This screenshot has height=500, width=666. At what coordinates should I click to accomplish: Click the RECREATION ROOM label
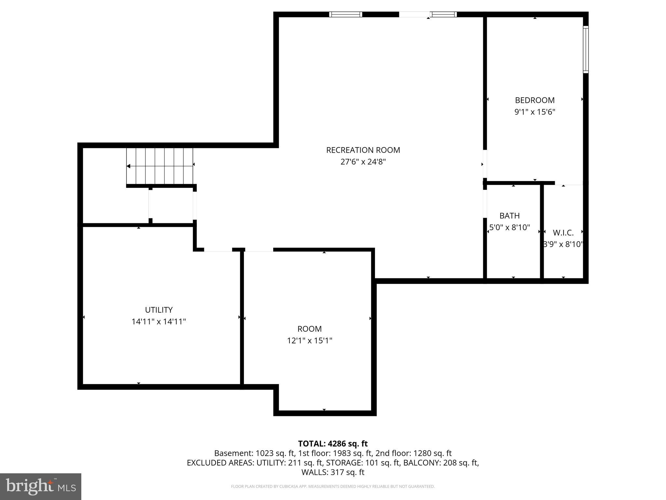pyautogui.click(x=363, y=150)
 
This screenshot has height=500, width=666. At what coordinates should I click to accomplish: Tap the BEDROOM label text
pyautogui.click(x=535, y=100)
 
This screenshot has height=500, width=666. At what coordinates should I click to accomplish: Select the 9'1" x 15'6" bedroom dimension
pyautogui.click(x=535, y=112)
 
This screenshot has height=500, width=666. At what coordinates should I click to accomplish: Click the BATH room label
pyautogui.click(x=509, y=216)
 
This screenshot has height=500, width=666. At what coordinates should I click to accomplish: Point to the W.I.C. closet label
pyautogui.click(x=563, y=233)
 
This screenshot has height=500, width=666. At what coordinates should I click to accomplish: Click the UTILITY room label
pyautogui.click(x=159, y=310)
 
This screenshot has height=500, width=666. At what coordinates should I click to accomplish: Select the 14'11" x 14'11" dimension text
pyautogui.click(x=159, y=322)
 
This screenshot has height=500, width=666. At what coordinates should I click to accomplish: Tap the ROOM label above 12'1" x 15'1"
pyautogui.click(x=309, y=329)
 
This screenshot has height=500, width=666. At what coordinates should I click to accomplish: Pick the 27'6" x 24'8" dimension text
pyautogui.click(x=363, y=162)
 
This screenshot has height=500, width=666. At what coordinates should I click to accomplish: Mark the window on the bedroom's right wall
pyautogui.click(x=585, y=49)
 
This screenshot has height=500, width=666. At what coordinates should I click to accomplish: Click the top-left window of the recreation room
pyautogui.click(x=345, y=14)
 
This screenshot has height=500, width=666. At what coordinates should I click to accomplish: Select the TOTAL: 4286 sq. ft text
pyautogui.click(x=333, y=444)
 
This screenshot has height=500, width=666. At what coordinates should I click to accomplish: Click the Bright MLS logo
pyautogui.click(x=41, y=486)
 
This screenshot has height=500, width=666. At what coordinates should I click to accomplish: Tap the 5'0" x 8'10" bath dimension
pyautogui.click(x=510, y=228)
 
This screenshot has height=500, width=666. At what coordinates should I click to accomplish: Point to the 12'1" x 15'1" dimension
pyautogui.click(x=309, y=340)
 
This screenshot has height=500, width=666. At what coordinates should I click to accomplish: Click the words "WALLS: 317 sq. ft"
pyautogui.click(x=333, y=472)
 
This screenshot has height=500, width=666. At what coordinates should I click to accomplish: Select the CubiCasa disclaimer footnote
pyautogui.click(x=333, y=487)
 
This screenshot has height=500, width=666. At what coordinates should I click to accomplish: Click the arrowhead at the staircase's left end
pyautogui.click(x=128, y=166)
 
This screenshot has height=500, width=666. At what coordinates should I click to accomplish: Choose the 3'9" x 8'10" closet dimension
pyautogui.click(x=563, y=244)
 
